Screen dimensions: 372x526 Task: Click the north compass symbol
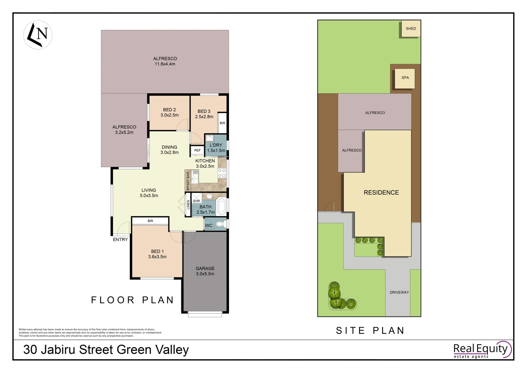(x=38, y=35)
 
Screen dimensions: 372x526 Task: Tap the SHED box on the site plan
(x=411, y=29)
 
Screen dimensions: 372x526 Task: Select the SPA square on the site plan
(x=405, y=78)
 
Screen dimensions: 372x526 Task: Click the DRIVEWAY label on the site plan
(x=399, y=292)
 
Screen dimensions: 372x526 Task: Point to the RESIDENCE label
(x=381, y=193)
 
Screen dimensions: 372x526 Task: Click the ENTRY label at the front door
(x=120, y=239)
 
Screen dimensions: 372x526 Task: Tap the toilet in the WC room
(x=220, y=225)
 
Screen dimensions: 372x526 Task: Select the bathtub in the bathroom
(x=221, y=206)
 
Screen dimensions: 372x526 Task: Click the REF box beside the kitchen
(x=197, y=151)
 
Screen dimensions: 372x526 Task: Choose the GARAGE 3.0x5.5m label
(x=205, y=271)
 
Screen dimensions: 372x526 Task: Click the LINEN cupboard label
(x=188, y=205)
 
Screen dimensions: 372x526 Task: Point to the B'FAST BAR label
(x=188, y=181)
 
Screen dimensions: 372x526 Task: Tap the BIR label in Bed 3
(x=222, y=123)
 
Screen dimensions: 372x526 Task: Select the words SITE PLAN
(x=370, y=331)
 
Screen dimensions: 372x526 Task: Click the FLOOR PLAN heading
(x=133, y=300)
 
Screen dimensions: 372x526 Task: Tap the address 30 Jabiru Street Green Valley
(x=106, y=350)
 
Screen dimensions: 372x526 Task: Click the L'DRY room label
(x=216, y=148)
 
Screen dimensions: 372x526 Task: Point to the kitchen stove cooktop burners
(x=222, y=173)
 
